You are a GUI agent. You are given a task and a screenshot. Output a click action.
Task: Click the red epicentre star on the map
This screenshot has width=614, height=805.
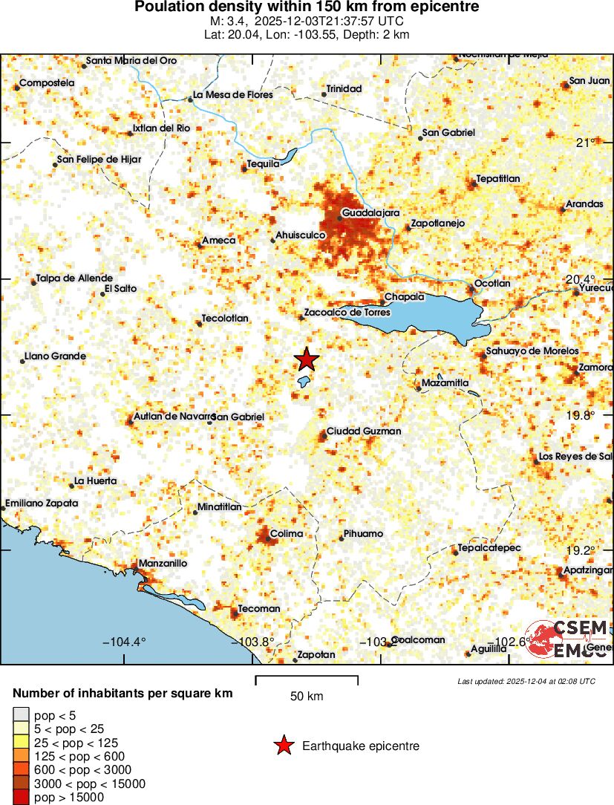point(307,359)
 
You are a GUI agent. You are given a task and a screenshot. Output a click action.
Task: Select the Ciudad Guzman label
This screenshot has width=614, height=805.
point(364,431)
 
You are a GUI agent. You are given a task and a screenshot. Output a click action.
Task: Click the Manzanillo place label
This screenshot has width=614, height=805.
point(163,563)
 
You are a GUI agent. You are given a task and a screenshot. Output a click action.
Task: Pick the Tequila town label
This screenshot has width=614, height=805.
point(263,163)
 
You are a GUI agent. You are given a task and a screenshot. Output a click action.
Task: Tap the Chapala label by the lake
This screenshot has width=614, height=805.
point(405,297)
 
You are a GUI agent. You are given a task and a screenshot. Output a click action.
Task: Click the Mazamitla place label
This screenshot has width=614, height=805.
point(445,383)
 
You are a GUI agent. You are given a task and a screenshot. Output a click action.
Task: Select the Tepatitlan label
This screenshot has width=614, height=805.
point(498,178)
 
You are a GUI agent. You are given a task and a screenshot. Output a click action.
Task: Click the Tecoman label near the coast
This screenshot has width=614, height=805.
point(259,609)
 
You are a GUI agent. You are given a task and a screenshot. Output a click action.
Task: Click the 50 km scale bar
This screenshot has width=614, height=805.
point(307,680)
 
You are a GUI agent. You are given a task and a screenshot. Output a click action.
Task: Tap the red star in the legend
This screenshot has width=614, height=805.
point(283,746)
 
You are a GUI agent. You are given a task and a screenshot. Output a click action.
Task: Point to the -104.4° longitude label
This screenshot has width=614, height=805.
point(125,642)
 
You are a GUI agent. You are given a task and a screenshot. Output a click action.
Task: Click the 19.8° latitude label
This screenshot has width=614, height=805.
point(580,416)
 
